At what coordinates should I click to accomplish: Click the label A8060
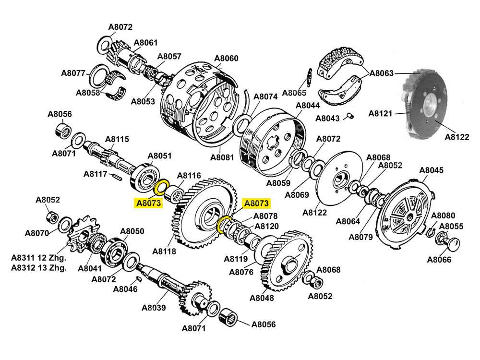click(226, 59)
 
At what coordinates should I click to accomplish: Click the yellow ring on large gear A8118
click(225, 224)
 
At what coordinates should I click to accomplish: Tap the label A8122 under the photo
click(457, 137)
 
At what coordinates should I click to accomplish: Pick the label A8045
click(431, 170)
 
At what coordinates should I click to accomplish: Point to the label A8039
click(154, 308)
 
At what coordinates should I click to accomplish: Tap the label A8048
click(262, 298)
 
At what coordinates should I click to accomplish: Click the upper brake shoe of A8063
click(341, 62)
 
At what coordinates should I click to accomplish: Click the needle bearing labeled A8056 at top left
click(61, 130)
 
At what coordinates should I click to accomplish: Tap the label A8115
click(117, 139)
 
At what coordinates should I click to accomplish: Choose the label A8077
click(73, 73)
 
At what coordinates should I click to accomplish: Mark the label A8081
click(222, 157)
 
